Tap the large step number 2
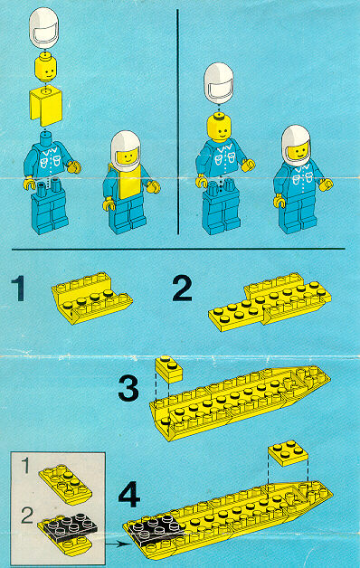coord(182,289)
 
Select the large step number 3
coord(128,388)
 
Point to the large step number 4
coord(129,494)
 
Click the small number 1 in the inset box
coord(25,466)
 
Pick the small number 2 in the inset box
coord(27,516)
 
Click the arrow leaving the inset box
coord(118,544)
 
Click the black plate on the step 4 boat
coord(156,529)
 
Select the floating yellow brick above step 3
coord(169,370)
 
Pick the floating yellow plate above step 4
coord(289,452)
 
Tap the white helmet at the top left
coord(43,28)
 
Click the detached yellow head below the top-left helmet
coord(45,68)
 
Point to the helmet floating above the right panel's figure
coord(218,83)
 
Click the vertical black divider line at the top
coord(178,122)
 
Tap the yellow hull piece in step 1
coord(92,298)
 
